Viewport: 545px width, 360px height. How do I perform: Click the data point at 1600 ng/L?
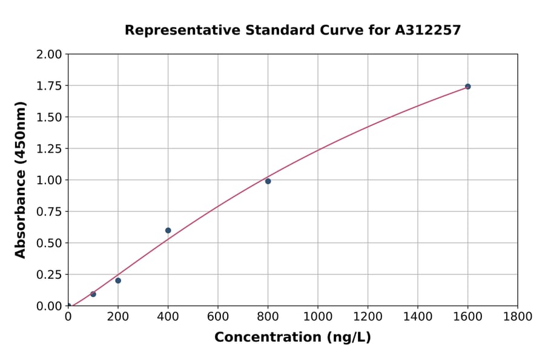click(x=467, y=87)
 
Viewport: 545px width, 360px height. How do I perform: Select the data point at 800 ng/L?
click(x=268, y=181)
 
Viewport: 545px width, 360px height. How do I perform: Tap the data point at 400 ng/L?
click(x=168, y=230)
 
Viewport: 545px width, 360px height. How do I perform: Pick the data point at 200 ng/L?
click(x=118, y=281)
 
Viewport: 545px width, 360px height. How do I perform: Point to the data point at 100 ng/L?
click(x=93, y=294)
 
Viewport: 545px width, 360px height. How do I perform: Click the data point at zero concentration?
click(x=68, y=306)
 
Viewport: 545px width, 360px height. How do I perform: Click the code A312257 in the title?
click(x=429, y=30)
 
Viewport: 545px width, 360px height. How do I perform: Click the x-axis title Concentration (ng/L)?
click(x=292, y=338)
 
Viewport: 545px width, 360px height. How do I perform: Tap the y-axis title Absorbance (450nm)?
click(x=21, y=180)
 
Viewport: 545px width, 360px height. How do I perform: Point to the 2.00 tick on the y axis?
click(x=50, y=55)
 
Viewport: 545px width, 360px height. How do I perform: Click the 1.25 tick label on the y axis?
click(x=50, y=148)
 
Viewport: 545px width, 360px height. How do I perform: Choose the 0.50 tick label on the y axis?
click(x=50, y=243)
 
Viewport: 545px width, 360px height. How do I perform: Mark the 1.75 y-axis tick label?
click(x=50, y=86)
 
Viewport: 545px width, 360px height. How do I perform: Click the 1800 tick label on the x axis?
click(x=517, y=316)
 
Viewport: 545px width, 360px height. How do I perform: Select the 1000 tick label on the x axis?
click(x=317, y=316)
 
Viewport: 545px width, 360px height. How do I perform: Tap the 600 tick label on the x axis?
click(x=217, y=316)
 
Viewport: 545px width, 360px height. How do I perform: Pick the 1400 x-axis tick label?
click(x=417, y=316)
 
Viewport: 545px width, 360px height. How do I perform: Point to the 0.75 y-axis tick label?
click(x=50, y=212)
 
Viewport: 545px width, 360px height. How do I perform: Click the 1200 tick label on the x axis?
click(x=368, y=316)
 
